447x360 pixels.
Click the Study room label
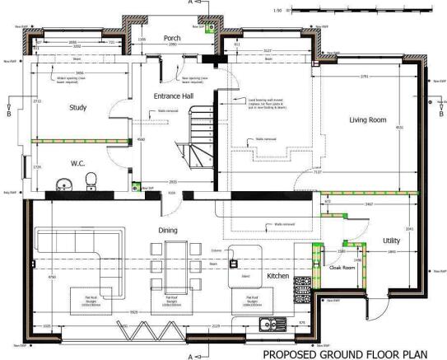pyautogui.click(x=78, y=108)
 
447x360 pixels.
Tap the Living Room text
pyautogui.click(x=367, y=120)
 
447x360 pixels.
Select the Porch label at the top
pyautogui.click(x=172, y=39)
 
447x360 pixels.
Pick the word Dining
pyautogui.click(x=170, y=231)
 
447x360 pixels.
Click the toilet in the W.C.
pyautogui.click(x=93, y=180)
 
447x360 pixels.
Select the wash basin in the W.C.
pyautogui.click(x=62, y=183)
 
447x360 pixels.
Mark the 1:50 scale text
pyautogui.click(x=278, y=13)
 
